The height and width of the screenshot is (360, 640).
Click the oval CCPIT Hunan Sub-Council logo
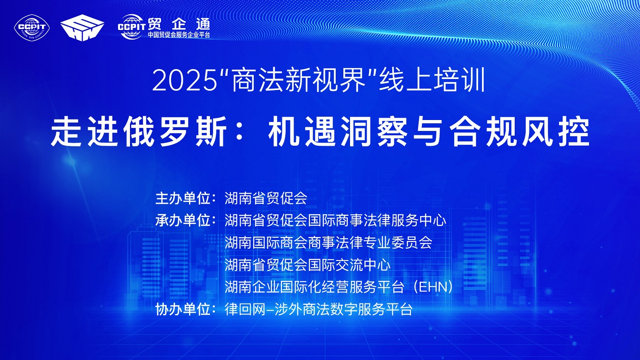tap(32, 28)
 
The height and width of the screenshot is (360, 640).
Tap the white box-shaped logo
tap(82, 28)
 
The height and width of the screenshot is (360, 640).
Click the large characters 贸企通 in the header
tap(179, 24)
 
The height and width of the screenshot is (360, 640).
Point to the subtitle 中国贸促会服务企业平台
tap(179, 35)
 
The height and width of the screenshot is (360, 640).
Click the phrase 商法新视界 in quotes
tap(299, 81)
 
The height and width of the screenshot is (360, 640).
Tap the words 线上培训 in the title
tap(432, 81)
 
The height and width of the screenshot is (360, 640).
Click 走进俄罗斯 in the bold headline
tap(139, 131)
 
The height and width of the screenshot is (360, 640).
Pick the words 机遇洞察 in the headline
tap(338, 131)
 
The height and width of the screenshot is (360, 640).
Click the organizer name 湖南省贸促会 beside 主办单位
tap(266, 198)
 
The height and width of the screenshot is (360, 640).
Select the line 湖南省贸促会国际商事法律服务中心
tap(335, 220)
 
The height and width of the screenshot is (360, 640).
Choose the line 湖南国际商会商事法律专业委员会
tap(328, 242)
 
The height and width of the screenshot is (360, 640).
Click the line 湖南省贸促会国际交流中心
tap(308, 265)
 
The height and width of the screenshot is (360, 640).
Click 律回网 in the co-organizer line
tap(245, 310)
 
